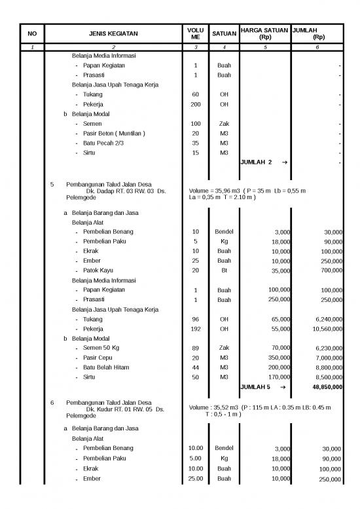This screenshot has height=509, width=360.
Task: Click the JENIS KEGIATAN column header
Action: point(113,34)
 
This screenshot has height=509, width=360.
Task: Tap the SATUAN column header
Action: point(224,34)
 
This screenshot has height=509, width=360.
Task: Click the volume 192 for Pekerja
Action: point(195,329)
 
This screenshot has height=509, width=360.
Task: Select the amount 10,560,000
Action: point(325,330)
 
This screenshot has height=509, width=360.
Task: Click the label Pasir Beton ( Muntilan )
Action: point(114,134)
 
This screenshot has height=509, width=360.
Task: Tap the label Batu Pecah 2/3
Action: point(103,143)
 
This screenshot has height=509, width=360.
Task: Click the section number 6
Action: point(52,402)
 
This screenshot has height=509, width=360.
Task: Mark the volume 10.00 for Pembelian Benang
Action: point(195,448)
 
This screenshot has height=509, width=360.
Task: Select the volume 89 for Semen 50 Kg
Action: point(195,349)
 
